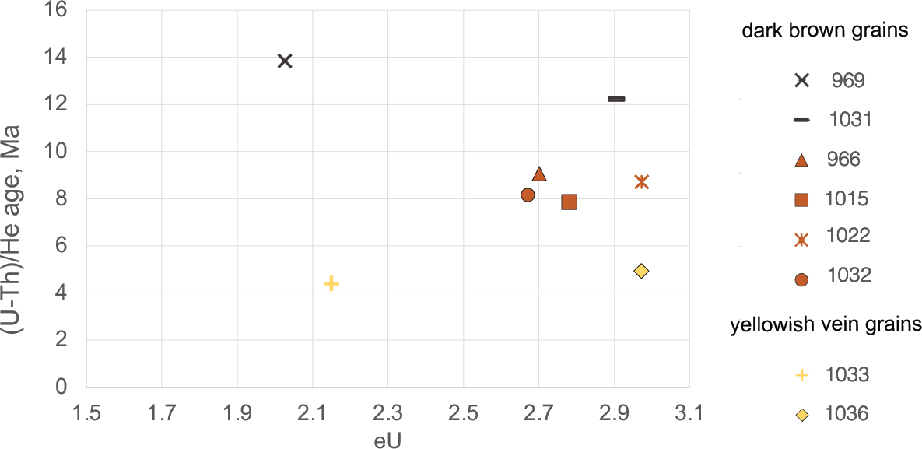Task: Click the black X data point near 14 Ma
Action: pos(285,61)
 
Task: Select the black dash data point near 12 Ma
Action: pos(616,99)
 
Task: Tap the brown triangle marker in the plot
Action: pos(539,174)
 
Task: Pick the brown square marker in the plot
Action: pos(569,202)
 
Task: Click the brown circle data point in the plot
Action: pos(528,195)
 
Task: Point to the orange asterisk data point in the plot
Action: pos(641,182)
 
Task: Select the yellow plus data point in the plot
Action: pos(331,283)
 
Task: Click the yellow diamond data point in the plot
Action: pos(641,271)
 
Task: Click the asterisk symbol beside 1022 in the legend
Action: pos(802,239)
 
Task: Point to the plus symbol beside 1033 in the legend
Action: pos(802,375)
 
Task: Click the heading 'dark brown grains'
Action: pos(826,31)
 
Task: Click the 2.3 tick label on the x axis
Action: pos(387,412)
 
